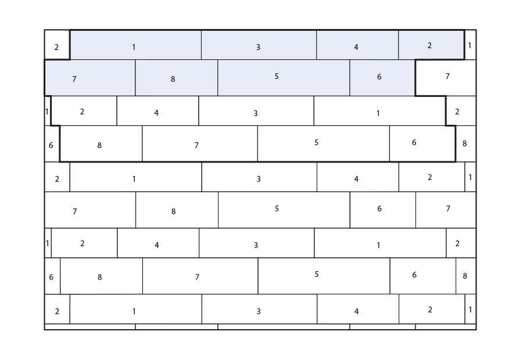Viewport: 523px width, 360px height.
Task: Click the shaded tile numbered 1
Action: click(x=135, y=45)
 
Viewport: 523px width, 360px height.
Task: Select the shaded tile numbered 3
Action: click(x=259, y=45)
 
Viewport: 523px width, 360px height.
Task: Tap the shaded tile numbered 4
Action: click(x=357, y=45)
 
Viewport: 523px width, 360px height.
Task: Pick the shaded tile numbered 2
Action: click(x=431, y=45)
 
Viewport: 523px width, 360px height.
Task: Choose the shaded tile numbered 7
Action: click(x=90, y=78)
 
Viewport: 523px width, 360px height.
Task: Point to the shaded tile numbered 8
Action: click(x=177, y=78)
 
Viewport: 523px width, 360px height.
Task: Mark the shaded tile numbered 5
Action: click(x=284, y=78)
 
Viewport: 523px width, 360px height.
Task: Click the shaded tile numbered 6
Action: click(x=382, y=78)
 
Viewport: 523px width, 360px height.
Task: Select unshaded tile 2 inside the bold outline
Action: click(x=84, y=111)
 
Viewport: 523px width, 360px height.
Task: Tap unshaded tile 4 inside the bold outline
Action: click(x=157, y=111)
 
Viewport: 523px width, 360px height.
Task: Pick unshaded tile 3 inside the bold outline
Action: click(x=256, y=111)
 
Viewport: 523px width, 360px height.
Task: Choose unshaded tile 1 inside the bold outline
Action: click(x=380, y=111)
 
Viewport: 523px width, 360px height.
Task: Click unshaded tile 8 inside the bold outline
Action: click(x=101, y=143)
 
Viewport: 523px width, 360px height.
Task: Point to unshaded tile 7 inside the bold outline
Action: click(x=200, y=143)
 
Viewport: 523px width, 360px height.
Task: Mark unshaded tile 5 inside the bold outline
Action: click(x=324, y=143)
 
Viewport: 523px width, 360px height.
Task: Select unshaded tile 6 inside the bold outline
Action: click(x=422, y=143)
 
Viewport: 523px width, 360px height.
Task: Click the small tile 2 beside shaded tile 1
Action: click(x=57, y=45)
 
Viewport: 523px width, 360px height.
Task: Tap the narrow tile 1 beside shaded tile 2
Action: click(x=470, y=45)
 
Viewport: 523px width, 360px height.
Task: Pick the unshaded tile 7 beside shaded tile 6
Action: click(x=446, y=78)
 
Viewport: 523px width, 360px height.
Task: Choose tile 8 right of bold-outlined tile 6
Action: click(x=466, y=143)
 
